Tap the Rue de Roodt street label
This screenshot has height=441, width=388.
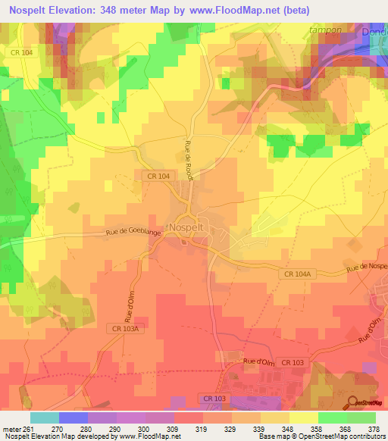189,160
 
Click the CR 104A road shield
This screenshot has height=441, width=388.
299,274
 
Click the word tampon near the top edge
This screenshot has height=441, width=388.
326,30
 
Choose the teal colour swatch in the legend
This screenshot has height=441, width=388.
44,417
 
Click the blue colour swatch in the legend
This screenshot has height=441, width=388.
73,417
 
